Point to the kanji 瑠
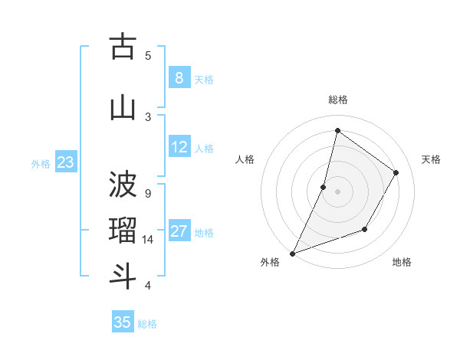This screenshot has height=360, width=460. (123, 231)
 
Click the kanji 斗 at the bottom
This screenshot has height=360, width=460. (123, 276)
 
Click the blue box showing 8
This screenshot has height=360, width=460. (179, 78)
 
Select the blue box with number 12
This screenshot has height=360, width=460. (179, 147)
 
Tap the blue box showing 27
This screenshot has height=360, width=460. (179, 231)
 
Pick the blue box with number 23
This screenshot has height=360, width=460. (65, 162)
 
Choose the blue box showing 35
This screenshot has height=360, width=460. (123, 322)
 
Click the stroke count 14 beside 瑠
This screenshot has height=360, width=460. (148, 240)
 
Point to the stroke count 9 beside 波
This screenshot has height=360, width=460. (148, 193)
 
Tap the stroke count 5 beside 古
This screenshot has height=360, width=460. (148, 55)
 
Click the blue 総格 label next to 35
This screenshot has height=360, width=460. (147, 324)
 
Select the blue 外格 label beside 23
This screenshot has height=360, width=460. (41, 164)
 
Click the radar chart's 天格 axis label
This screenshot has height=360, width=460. (431, 159)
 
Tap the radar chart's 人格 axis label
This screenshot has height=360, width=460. (245, 159)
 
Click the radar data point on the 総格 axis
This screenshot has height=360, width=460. (337, 130)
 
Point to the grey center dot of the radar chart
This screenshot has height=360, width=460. (337, 191)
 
